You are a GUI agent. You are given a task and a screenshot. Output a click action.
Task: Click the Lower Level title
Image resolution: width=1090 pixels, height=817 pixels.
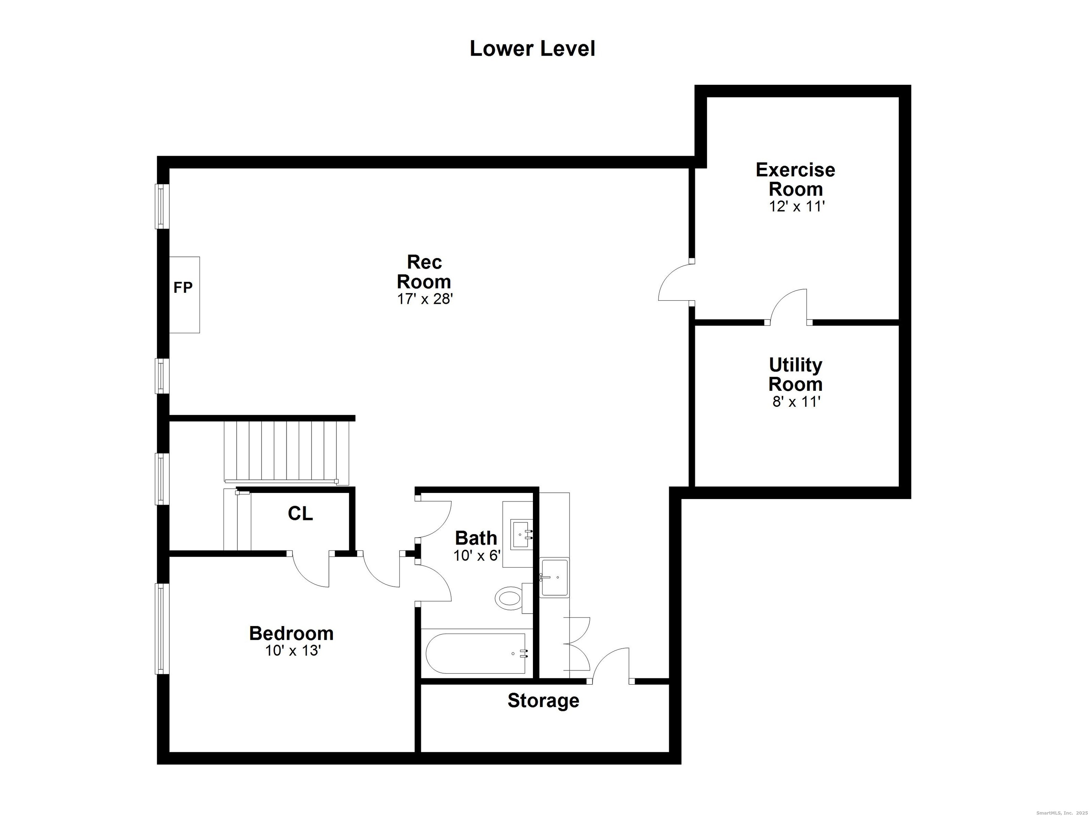tap(532, 48)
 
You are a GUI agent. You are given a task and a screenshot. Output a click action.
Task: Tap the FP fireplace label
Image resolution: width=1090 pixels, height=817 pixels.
tap(183, 288)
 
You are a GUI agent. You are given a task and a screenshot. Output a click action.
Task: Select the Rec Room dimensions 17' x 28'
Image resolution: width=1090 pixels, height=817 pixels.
tap(425, 299)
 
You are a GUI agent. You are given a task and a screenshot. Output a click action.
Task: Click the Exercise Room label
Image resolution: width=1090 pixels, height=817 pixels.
tap(796, 179)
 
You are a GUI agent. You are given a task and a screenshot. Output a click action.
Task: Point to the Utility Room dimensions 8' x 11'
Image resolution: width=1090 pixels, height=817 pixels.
tap(796, 402)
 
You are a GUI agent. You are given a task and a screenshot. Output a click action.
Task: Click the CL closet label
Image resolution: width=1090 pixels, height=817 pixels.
tap(300, 514)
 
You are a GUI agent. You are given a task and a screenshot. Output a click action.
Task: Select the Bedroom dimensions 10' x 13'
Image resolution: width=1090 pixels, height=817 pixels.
tap(293, 651)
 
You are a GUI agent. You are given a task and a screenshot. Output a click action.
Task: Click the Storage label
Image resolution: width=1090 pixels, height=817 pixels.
tap(543, 700)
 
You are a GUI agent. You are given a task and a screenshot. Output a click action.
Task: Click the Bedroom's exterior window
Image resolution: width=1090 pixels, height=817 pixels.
tap(162, 629)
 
